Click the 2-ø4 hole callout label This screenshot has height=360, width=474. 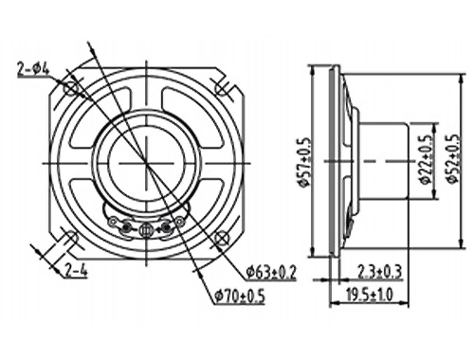coord(33,69)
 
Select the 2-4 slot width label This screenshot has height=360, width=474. coord(76,270)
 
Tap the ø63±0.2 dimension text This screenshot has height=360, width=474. coord(272,272)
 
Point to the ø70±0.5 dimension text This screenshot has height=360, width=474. coord(240,297)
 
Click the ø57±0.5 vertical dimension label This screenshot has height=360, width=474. coord(305,162)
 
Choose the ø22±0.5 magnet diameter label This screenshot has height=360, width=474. coord(426,160)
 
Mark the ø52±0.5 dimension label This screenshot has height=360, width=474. coord(453,159)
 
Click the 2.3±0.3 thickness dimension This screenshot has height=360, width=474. coord(379,272)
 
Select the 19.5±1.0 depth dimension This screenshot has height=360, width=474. coord(369,296)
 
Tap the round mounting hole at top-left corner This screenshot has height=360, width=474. coord(70,88)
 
